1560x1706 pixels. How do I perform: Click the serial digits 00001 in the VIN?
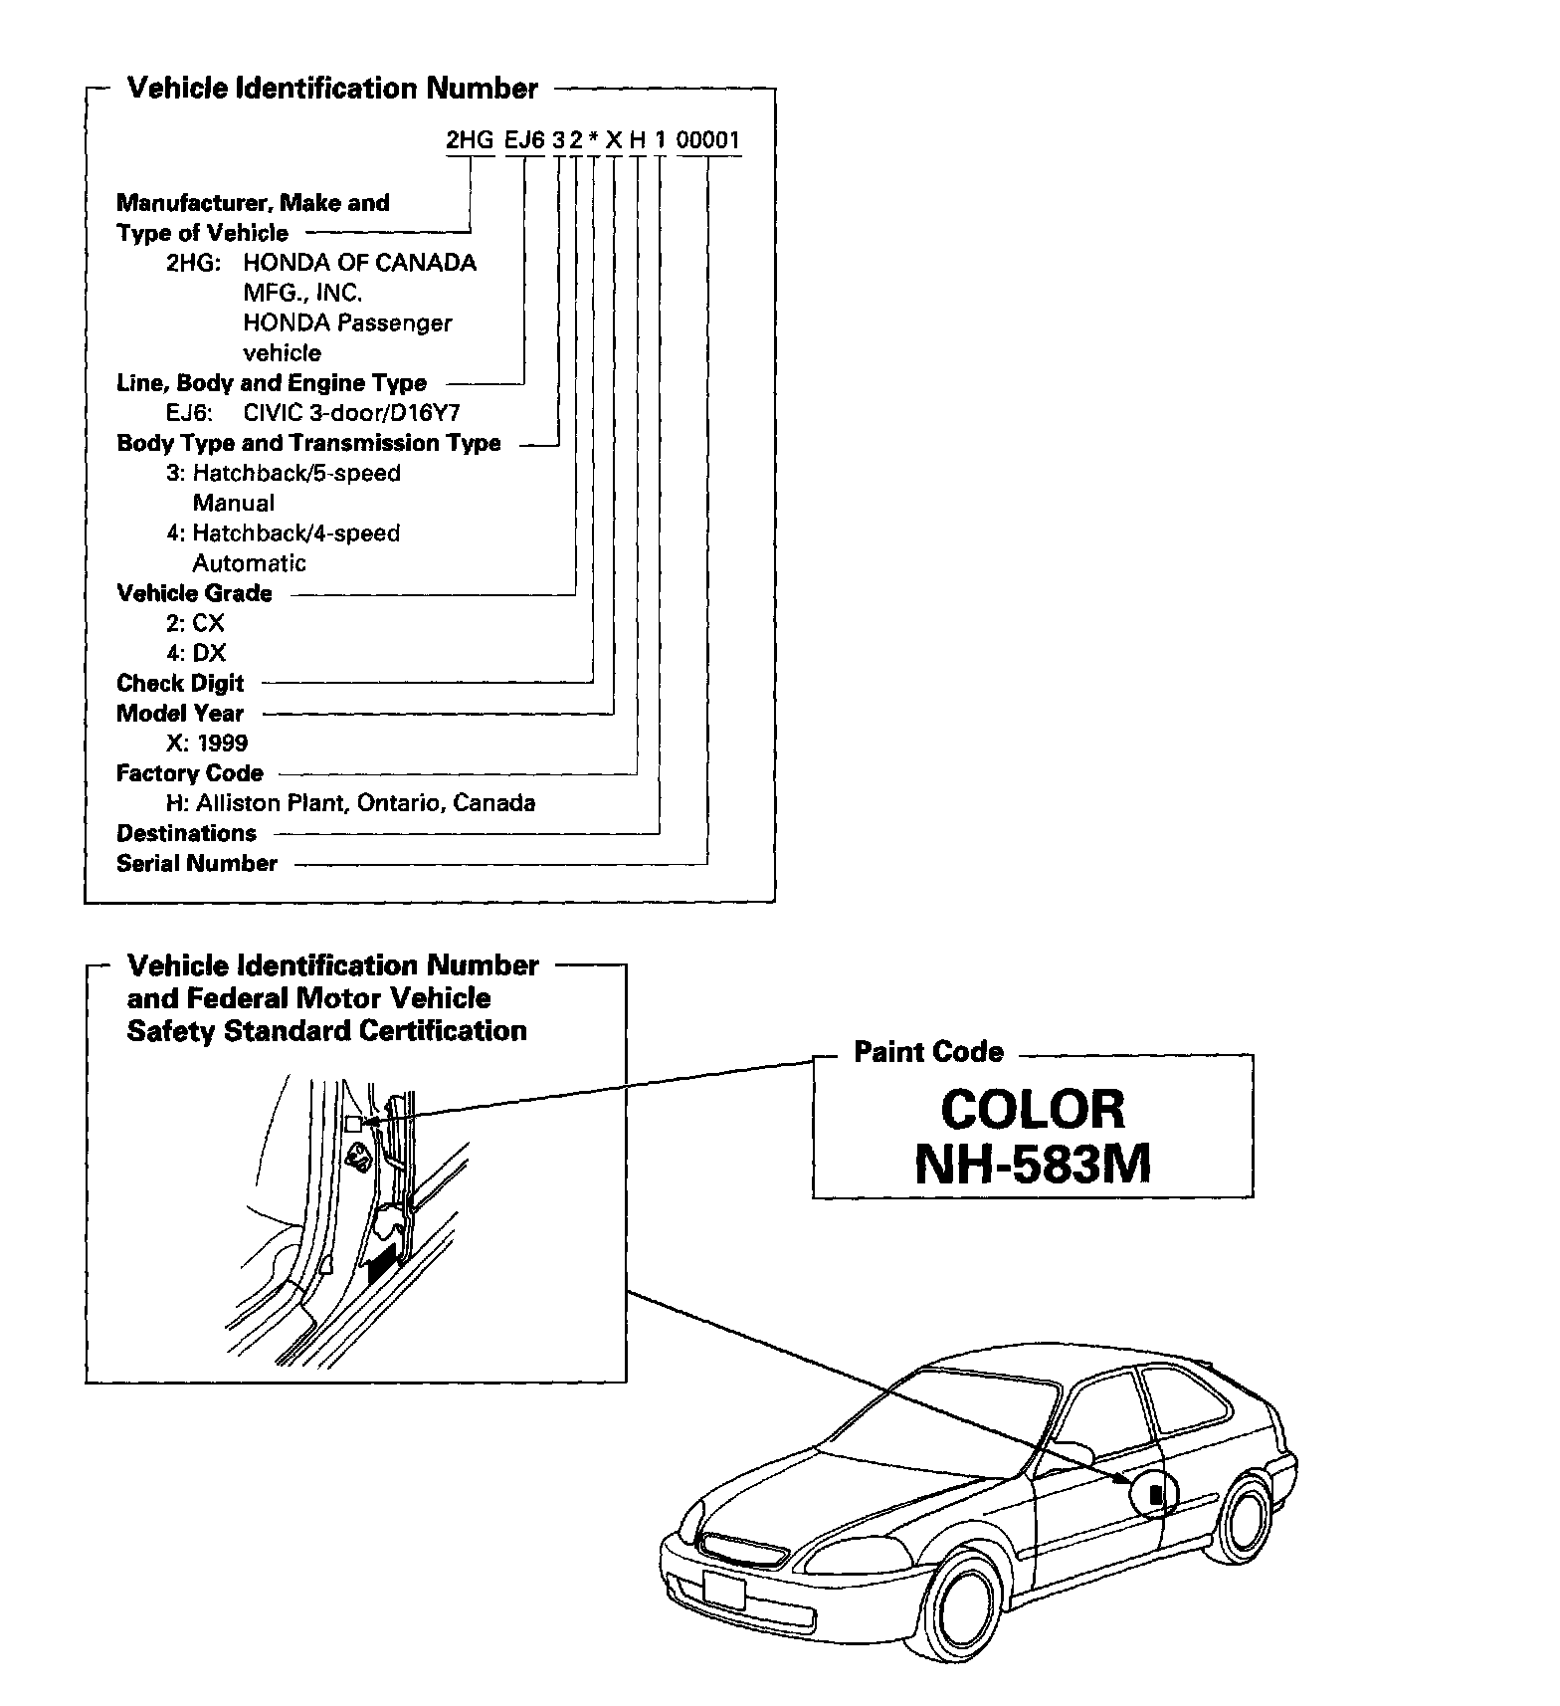pos(708,140)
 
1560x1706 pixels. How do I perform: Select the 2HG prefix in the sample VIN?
pos(470,140)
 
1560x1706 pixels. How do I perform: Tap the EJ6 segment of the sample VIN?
pos(524,140)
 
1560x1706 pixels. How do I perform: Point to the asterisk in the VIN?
pos(594,141)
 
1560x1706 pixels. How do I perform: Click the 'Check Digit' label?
pos(180,684)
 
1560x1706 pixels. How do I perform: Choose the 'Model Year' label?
pos(180,714)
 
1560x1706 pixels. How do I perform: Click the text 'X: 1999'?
pos(207,744)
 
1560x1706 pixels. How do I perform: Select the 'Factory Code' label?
pos(190,773)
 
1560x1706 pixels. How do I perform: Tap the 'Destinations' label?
pos(186,834)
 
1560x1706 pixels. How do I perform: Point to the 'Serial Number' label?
pos(197,864)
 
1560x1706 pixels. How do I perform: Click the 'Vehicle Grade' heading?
pos(194,594)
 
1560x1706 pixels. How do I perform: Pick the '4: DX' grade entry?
pos(196,654)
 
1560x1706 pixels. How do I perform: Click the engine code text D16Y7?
pos(425,413)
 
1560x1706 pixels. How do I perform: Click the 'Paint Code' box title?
pos(928,1053)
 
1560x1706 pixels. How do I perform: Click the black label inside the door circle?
pos(1155,1494)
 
